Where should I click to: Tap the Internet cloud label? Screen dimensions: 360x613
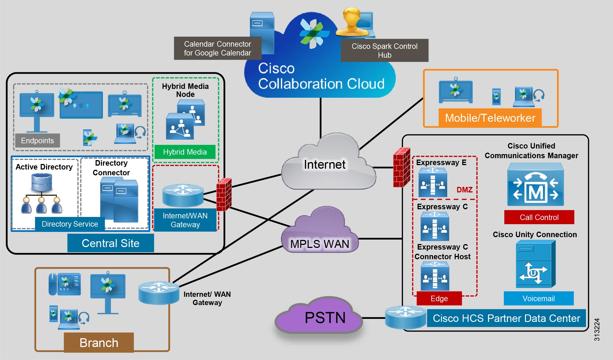coord(324,165)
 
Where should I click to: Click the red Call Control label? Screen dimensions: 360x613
coord(539,217)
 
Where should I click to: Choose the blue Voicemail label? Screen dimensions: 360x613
coord(538,298)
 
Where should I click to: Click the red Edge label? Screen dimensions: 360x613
coord(439,298)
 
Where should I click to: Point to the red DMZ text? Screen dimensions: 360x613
coord(464,190)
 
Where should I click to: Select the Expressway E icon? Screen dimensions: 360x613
coord(433,182)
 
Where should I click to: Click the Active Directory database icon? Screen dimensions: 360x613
coord(42,182)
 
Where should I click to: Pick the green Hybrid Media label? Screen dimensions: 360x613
coord(185,152)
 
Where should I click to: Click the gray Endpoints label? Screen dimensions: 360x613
coord(37,141)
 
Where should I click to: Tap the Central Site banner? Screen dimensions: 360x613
coord(110,243)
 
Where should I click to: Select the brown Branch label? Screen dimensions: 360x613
coord(99,343)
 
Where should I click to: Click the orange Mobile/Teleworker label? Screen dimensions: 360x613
coord(490,118)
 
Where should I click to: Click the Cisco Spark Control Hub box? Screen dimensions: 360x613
coord(384,50)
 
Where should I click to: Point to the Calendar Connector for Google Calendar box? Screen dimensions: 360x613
coord(217,48)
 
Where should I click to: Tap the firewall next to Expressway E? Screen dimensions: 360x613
coord(401,167)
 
